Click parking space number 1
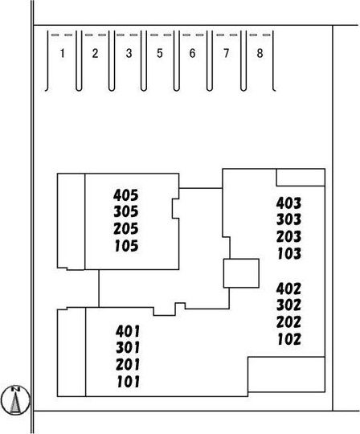point(63,53)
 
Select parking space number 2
point(95,53)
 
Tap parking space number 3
point(129,53)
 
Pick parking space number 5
point(160,53)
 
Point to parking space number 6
point(193,53)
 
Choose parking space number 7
point(227,53)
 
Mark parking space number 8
point(260,53)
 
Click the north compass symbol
point(15,400)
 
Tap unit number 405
point(125,195)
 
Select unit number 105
point(126,246)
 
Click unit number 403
point(288,203)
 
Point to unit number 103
point(289,253)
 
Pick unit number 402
point(288,289)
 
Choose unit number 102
point(289,339)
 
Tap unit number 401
point(128,331)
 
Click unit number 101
point(129,382)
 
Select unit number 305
point(126,211)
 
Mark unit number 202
point(288,322)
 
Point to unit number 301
point(128,348)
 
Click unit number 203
point(288,236)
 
